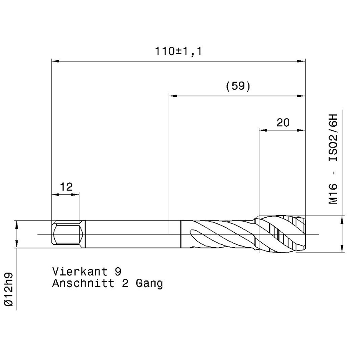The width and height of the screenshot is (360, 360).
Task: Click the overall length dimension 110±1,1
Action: click(x=178, y=51)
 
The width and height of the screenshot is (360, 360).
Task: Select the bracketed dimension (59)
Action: click(x=238, y=86)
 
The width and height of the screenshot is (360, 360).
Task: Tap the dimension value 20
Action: click(x=283, y=123)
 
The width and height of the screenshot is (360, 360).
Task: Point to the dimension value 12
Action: click(x=66, y=187)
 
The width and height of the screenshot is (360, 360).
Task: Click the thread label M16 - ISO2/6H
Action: click(x=333, y=159)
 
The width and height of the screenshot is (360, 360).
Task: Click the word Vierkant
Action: click(x=80, y=272)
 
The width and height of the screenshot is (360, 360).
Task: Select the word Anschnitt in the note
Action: click(x=83, y=283)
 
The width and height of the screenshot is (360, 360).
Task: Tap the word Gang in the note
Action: click(x=149, y=284)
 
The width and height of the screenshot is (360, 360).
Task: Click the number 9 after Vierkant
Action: click(x=118, y=272)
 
